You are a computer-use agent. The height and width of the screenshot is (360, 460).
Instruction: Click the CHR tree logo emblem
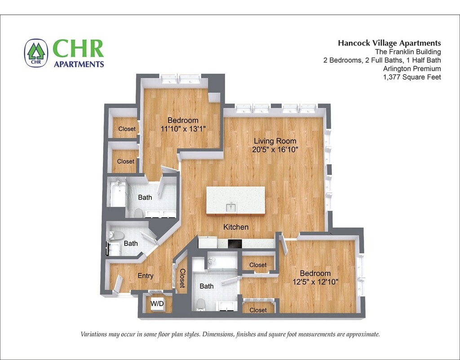36,53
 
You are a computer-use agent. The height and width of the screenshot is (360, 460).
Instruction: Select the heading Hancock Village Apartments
389,43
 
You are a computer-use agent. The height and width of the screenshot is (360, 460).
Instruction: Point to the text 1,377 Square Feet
412,77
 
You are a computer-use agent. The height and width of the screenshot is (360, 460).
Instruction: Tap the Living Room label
275,141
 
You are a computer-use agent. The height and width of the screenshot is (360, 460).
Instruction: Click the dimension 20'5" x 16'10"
275,150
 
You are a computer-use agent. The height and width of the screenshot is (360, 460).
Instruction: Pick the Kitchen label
236,227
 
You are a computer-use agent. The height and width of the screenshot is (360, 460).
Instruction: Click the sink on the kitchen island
231,207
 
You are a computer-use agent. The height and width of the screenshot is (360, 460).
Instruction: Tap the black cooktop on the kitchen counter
235,244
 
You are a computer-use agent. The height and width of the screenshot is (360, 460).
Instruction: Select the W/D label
157,303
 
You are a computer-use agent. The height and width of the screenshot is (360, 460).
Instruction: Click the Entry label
146,276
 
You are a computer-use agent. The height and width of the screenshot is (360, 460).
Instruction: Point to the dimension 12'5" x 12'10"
315,282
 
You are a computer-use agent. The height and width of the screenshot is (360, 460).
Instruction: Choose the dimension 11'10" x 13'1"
183,129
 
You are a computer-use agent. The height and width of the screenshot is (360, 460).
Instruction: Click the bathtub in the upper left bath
117,194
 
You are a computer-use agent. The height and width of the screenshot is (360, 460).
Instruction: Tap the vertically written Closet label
182,278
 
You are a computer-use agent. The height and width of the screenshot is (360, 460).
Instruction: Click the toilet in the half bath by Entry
116,236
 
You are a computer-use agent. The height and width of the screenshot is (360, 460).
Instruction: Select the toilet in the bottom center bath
201,305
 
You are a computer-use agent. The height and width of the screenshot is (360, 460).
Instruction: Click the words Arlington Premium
412,69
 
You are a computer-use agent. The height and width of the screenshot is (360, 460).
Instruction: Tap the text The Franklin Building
408,52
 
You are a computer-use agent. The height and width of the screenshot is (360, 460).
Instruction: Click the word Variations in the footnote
93,334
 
